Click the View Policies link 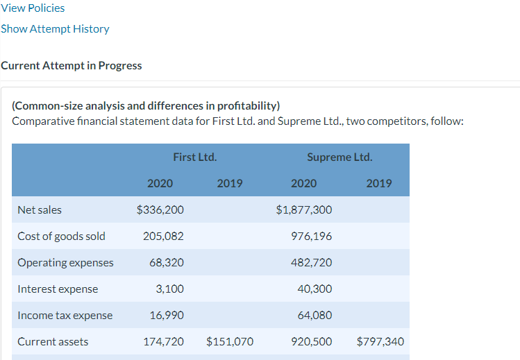click(33, 8)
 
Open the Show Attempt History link click(55, 29)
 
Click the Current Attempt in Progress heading click(72, 66)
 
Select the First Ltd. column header click(194, 157)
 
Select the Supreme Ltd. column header click(339, 157)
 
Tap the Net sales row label click(40, 209)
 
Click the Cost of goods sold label click(61, 236)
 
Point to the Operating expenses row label click(65, 262)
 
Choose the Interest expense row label click(58, 289)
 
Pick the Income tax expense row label click(65, 315)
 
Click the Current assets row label click(53, 341)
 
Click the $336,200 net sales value click(160, 209)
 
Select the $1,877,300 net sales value click(303, 209)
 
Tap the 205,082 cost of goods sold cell click(163, 236)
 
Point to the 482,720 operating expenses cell click(314, 262)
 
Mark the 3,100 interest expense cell click(170, 289)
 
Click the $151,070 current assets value click(230, 341)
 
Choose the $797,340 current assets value click(380, 341)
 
